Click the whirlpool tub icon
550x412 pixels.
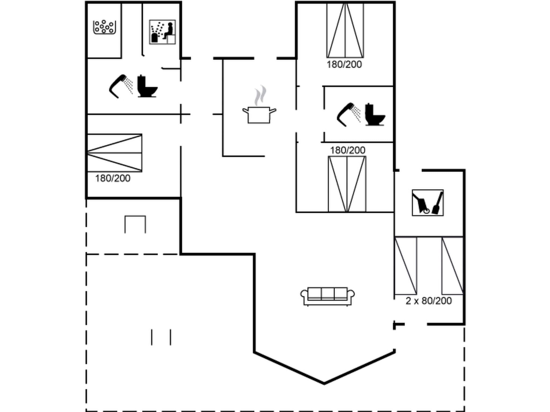(104, 27)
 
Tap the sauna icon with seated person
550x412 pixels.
(162, 32)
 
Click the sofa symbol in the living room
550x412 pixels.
(327, 296)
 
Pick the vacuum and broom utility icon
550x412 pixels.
(428, 203)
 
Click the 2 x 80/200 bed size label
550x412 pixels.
(428, 301)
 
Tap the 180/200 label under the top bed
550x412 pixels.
(344, 65)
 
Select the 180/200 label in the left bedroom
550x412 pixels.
(113, 178)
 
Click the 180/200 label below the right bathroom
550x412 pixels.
(348, 150)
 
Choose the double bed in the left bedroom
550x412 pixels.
(114, 153)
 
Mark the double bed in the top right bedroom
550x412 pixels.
(345, 30)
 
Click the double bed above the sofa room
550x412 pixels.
(347, 184)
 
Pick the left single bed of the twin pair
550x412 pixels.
(406, 266)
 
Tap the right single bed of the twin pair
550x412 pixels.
(453, 266)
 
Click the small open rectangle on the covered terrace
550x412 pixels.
(135, 224)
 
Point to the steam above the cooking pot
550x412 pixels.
(260, 95)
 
